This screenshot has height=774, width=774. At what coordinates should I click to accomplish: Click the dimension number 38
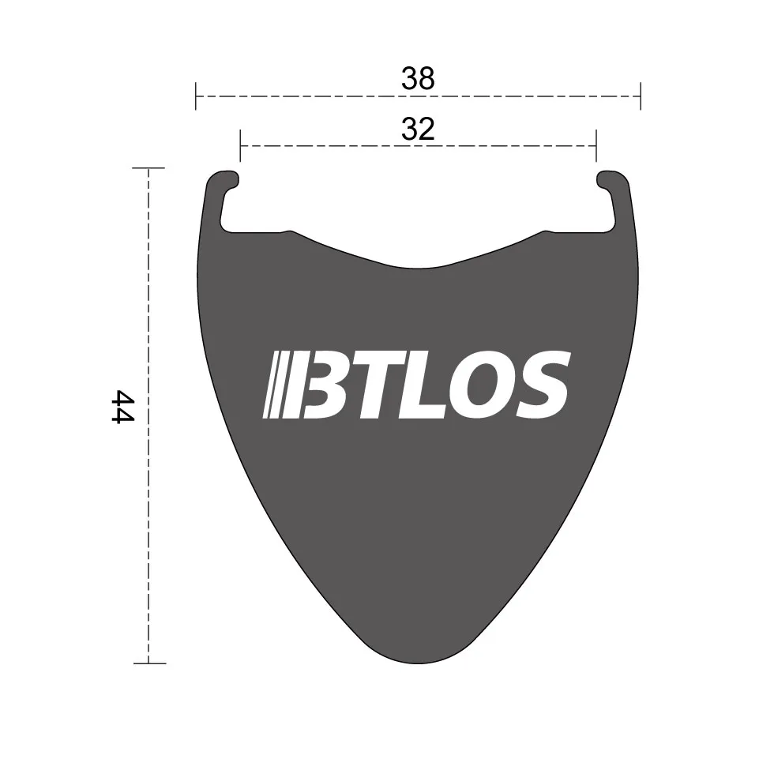pos(418,78)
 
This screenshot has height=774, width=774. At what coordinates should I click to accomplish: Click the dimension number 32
pos(418,129)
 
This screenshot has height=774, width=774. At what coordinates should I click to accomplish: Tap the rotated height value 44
pos(122,406)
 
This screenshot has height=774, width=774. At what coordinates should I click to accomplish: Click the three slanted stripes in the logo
pos(277,385)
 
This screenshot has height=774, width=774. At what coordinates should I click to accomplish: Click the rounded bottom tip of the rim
pos(418,657)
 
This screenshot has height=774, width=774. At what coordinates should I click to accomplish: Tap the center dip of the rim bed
pos(418,266)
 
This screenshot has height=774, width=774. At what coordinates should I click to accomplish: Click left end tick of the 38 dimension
pos(196,96)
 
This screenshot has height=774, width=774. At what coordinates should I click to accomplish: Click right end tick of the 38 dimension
pos(640,96)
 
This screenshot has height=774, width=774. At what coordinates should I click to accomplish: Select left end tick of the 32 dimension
pos(240,146)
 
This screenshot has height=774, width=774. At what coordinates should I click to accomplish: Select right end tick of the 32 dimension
pos(596,146)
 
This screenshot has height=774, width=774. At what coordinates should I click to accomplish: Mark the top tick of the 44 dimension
pos(148,168)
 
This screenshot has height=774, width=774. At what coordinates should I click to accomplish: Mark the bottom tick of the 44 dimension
pos(148,663)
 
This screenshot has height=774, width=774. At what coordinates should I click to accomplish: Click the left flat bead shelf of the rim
pos(253,231)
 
